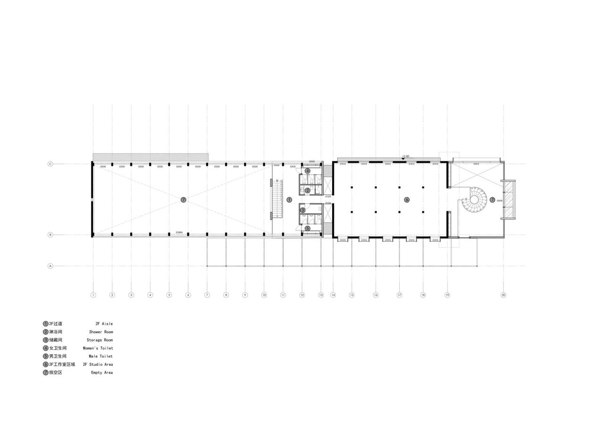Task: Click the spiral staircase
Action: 474,200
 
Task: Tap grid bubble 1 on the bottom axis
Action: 93,295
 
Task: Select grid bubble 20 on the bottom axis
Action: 503,295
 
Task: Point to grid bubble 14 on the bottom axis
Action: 333,295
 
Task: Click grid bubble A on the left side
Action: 50,266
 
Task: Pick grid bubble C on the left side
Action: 50,164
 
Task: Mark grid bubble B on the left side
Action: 50,234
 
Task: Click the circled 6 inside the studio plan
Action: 407,200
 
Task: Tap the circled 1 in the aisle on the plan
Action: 289,200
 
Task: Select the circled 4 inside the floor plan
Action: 307,171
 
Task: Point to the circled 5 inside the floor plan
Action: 307,228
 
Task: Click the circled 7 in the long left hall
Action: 184,200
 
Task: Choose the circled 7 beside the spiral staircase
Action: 492,200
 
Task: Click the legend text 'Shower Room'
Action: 101,332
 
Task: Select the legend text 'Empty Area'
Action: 102,373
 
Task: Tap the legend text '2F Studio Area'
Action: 98,365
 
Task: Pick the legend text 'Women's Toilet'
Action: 98,348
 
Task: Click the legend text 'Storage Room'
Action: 100,340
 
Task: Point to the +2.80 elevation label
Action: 405,156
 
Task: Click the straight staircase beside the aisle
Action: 277,199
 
